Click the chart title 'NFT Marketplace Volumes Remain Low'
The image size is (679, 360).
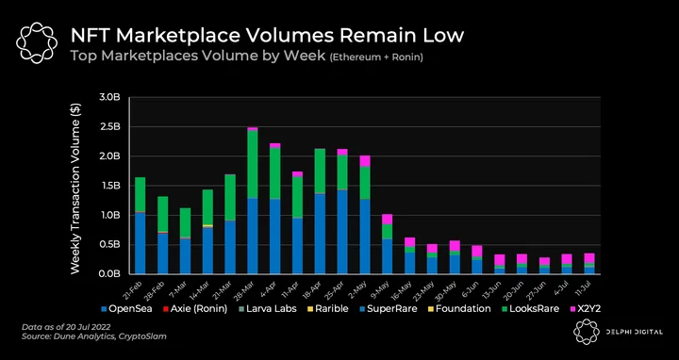click(x=267, y=36)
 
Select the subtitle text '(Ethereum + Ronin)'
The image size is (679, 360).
click(x=376, y=57)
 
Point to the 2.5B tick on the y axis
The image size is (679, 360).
click(x=109, y=127)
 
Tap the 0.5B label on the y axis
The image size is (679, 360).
click(x=109, y=244)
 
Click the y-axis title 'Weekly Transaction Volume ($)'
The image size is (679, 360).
click(x=75, y=188)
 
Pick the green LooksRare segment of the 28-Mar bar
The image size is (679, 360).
click(x=253, y=164)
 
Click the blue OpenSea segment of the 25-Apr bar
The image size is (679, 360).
click(x=342, y=232)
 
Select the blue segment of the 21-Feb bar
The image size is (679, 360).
click(x=140, y=243)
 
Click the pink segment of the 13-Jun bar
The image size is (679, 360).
click(x=500, y=259)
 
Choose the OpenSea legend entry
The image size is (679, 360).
click(x=126, y=309)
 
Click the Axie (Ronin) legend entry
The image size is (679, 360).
click(x=194, y=309)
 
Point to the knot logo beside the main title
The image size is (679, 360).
click(x=37, y=43)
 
